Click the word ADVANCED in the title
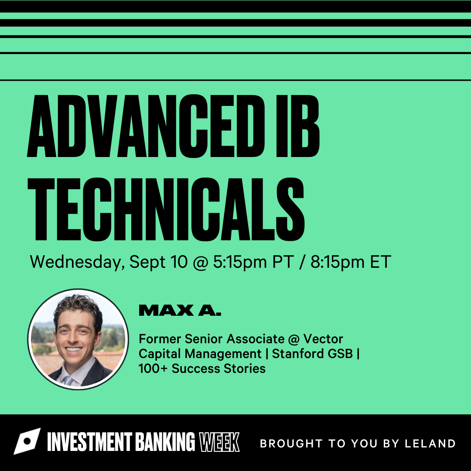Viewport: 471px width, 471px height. click(x=146, y=126)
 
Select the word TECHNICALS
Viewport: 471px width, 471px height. click(x=166, y=209)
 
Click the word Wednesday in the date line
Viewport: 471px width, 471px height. click(x=77, y=262)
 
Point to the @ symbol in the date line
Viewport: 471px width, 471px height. click(x=200, y=262)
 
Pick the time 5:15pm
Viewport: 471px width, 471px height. click(x=240, y=262)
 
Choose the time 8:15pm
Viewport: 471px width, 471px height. click(x=337, y=262)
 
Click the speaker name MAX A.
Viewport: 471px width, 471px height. click(x=180, y=310)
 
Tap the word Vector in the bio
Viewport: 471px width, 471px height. click(x=323, y=339)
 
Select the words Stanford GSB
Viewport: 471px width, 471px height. click(x=312, y=354)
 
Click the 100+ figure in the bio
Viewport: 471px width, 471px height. click(x=153, y=368)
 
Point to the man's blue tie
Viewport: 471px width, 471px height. click(x=69, y=380)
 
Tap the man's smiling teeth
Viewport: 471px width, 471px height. click(x=73, y=349)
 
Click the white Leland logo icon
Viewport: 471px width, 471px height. click(x=27, y=441)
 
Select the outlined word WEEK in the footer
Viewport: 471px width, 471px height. click(x=219, y=442)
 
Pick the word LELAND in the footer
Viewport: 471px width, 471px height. click(x=430, y=444)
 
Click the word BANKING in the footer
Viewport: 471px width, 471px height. click(x=165, y=442)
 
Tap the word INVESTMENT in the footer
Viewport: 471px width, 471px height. click(x=89, y=442)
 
